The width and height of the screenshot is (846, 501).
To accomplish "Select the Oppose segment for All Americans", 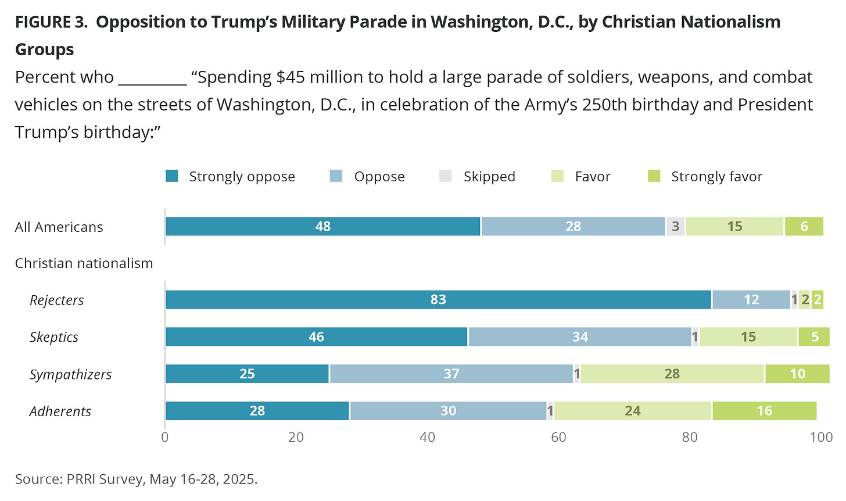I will point(573,227).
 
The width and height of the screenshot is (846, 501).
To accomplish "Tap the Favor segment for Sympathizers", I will point(672,374).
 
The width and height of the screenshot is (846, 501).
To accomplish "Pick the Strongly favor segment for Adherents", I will point(764,411).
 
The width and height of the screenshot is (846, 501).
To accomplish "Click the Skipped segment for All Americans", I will point(675,227).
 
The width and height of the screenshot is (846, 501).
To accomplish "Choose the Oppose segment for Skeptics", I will point(580,337).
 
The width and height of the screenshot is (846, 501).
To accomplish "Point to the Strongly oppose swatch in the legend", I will point(172,176).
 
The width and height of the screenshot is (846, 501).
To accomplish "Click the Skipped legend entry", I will point(489,177).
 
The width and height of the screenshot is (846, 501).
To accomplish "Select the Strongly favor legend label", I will point(716,177).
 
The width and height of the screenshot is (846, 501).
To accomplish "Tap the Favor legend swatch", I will point(557,176).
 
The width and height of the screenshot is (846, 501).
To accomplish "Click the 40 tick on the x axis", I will point(428,437).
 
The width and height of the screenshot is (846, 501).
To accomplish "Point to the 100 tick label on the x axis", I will point(821,437).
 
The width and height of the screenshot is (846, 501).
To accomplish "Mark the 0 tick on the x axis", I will point(165,437).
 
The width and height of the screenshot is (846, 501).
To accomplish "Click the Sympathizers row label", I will point(70,374).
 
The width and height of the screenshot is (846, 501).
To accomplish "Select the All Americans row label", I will point(59,227).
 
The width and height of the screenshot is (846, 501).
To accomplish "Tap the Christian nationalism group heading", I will point(84,263).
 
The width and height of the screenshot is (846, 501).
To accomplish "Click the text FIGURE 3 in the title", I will point(51,22).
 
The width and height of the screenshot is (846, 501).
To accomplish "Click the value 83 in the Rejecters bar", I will point(438,300).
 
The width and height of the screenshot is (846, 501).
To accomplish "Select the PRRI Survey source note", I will point(136,479).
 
